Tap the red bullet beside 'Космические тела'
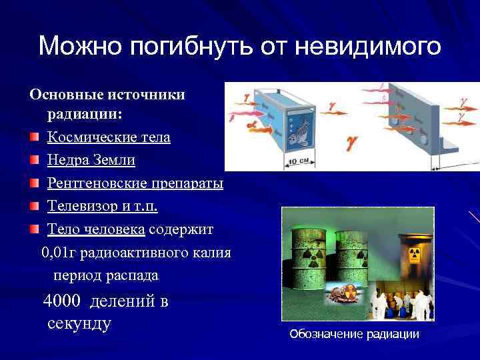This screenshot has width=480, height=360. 33,138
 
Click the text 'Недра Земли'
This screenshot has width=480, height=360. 91,161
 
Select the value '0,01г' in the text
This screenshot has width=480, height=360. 59,253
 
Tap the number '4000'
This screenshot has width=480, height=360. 64,301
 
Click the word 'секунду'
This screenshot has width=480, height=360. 79,324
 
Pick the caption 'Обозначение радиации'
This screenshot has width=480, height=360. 354,334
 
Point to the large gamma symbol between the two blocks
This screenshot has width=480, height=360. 349,141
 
